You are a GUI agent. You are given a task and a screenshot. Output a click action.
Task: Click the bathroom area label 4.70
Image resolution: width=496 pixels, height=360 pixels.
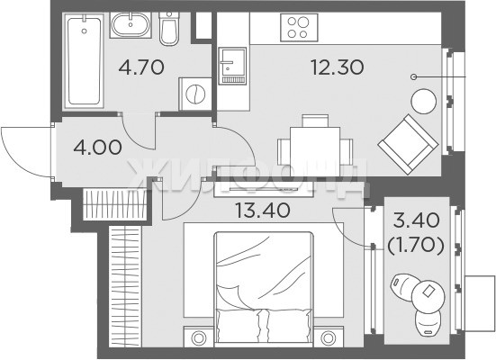pos(141,67)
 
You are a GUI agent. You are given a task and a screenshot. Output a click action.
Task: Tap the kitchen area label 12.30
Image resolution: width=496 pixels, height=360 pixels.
pos(338,67)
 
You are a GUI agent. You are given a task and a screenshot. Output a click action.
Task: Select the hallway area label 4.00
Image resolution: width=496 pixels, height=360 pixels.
pos(97,147)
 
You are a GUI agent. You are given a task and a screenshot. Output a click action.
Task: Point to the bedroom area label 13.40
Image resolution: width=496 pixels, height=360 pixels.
pos(263,210)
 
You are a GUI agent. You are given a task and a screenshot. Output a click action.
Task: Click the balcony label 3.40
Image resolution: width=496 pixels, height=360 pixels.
pos(416,220)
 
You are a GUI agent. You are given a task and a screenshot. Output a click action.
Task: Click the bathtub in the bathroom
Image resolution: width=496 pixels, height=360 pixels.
pos(84,61)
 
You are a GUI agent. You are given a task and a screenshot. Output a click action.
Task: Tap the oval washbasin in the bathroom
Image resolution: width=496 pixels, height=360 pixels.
pos(131,25)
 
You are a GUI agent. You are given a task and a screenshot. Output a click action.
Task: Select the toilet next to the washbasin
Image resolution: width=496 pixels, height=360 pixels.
pos(169,29)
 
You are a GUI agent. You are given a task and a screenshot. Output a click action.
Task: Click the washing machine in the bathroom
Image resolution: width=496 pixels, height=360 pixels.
pos(195,94)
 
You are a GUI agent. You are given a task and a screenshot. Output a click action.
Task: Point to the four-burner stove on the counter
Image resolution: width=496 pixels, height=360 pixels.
pos(299,28)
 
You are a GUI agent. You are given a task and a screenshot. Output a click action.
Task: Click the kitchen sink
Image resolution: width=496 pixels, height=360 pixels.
pos(232,66)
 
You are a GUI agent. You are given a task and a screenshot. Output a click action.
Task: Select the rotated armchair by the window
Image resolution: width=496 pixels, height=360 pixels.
pos(409,144)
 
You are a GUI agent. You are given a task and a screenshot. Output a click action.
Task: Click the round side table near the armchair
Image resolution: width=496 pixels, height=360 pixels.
pos(423,102)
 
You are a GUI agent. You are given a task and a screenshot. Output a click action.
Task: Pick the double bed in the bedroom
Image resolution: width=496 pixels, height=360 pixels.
pos(264,287)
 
